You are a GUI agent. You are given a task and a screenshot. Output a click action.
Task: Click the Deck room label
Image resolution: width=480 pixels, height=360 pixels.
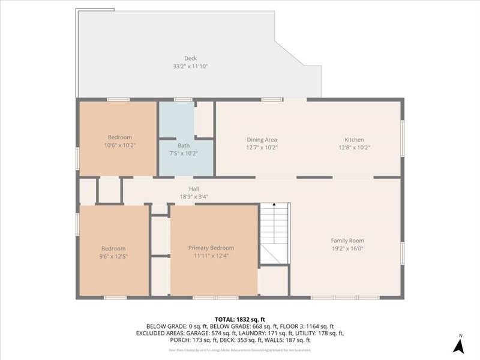pyautogui.click(x=190, y=58)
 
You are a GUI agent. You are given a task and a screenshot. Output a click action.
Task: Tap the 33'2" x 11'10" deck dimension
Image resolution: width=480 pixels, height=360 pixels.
pyautogui.click(x=190, y=66)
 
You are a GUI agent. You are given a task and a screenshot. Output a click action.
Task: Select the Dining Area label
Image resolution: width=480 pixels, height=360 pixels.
pyautogui.click(x=262, y=140)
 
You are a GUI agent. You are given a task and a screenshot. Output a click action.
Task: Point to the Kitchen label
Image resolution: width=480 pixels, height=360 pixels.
pyautogui.click(x=354, y=140)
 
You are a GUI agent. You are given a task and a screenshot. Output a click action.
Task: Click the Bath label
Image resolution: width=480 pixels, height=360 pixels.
pyautogui.click(x=184, y=146)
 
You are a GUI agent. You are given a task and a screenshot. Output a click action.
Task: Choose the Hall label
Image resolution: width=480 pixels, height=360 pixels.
pyautogui.click(x=194, y=189)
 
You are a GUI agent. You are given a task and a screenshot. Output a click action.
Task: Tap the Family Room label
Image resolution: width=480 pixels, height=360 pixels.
pyautogui.click(x=347, y=241)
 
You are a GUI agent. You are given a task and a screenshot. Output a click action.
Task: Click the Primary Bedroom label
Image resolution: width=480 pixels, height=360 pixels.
pyautogui.click(x=211, y=248)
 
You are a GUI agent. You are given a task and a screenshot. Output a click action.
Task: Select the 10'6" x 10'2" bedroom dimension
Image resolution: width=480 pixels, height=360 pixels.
pyautogui.click(x=120, y=145)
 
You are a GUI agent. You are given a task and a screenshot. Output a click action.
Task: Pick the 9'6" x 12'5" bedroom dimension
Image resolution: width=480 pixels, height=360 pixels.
pyautogui.click(x=113, y=256)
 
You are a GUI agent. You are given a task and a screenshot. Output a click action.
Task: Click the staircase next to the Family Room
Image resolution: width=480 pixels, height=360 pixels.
pyautogui.click(x=275, y=234)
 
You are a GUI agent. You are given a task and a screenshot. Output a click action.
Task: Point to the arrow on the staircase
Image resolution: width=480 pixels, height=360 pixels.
pyautogui.click(x=274, y=206)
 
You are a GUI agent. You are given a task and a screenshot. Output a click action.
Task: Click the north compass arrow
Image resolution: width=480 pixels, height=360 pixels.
pyautogui.click(x=459, y=346)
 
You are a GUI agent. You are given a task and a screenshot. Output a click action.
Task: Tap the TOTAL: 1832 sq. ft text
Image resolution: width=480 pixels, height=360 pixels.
pyautogui.click(x=239, y=319)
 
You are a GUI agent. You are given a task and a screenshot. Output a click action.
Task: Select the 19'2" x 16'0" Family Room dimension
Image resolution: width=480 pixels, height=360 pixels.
pyautogui.click(x=347, y=248)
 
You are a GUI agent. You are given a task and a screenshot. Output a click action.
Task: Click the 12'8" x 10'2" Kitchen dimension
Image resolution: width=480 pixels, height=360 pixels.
pyautogui.click(x=354, y=147)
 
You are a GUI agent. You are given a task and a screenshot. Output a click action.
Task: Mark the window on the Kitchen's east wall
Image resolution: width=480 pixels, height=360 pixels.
pyautogui.click(x=402, y=139)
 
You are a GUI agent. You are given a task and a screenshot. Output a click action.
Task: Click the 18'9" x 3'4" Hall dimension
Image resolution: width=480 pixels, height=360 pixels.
pyautogui.click(x=194, y=196)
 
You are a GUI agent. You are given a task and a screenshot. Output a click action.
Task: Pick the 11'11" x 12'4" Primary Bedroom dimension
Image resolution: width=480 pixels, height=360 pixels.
pyautogui.click(x=211, y=256)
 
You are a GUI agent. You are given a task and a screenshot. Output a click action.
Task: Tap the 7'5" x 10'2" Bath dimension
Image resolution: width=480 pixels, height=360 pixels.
pyautogui.click(x=184, y=153)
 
